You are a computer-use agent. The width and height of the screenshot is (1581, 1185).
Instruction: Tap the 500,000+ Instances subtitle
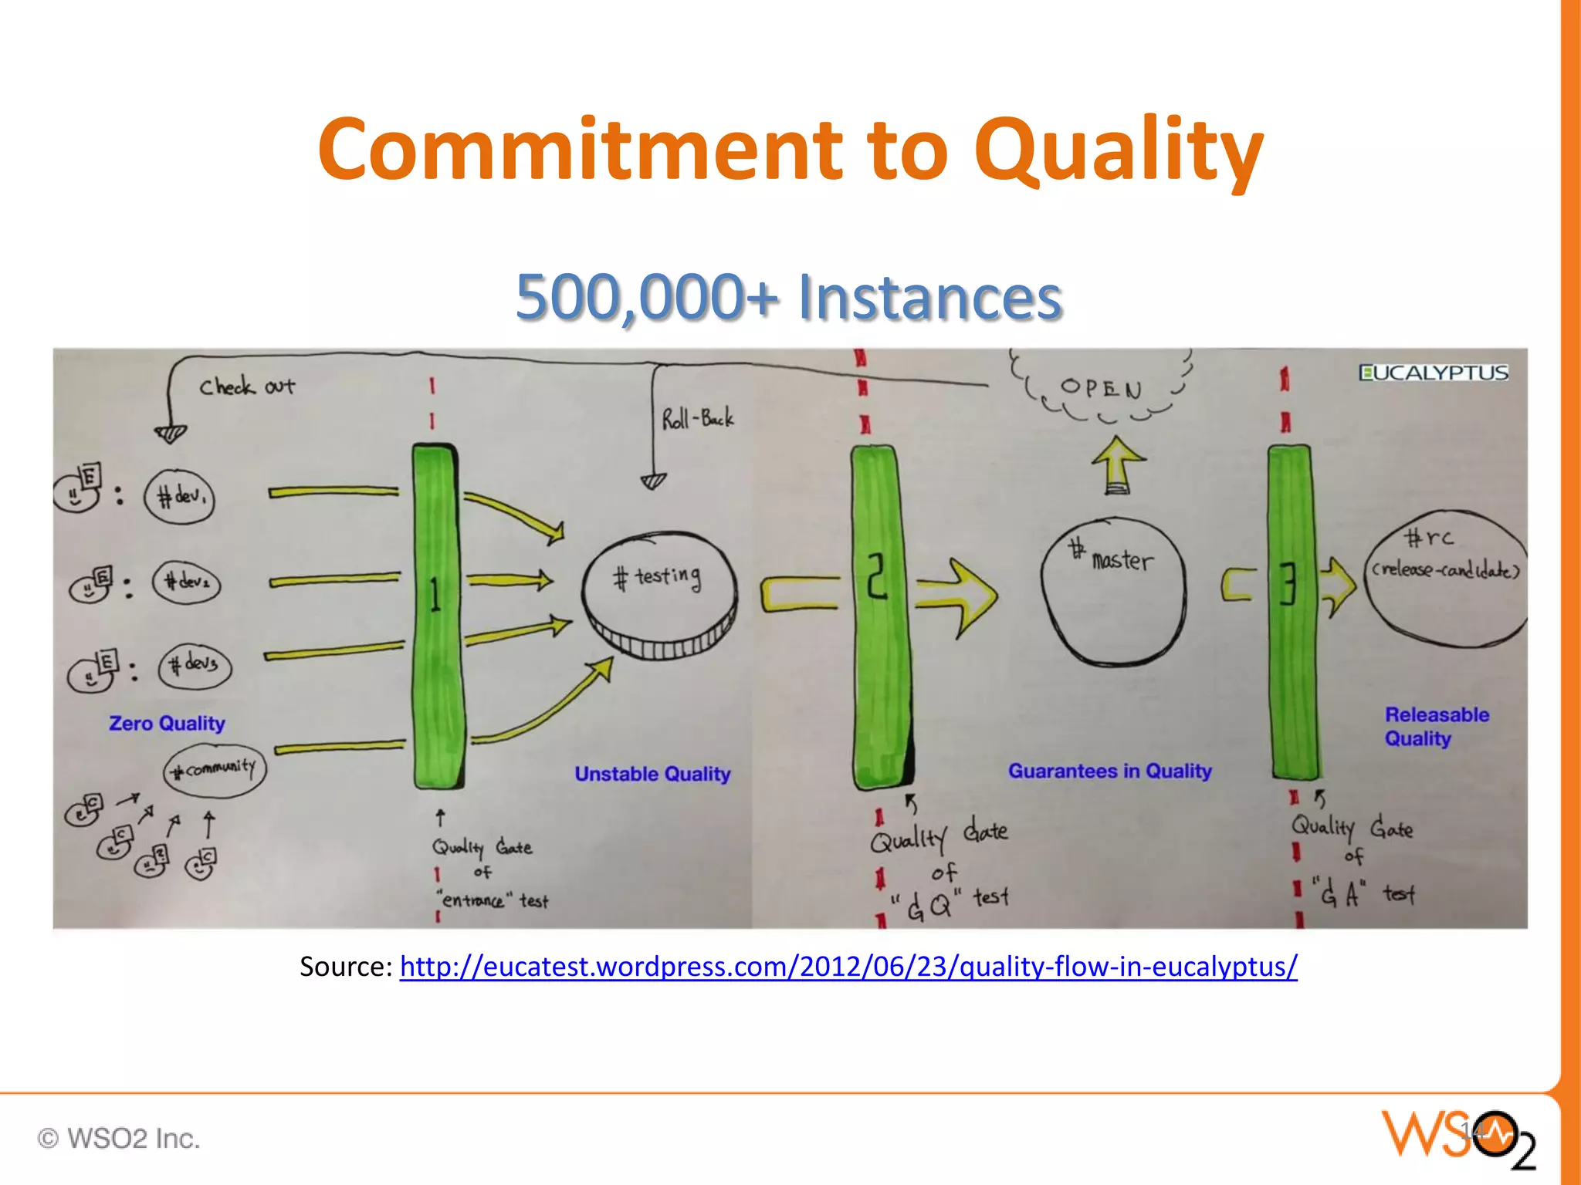click(x=789, y=297)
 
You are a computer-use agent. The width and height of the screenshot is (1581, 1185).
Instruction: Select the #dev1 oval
click(x=180, y=496)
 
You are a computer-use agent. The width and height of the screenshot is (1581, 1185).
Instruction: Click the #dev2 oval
click(x=186, y=582)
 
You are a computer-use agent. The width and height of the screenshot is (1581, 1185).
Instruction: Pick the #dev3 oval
click(x=195, y=665)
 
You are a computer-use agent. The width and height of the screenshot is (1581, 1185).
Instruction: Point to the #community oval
click(x=215, y=769)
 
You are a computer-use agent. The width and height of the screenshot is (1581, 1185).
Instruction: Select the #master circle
click(x=1112, y=590)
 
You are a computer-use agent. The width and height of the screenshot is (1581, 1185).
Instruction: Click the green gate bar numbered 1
click(x=437, y=617)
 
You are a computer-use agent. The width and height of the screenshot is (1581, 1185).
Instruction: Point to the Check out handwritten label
click(x=247, y=387)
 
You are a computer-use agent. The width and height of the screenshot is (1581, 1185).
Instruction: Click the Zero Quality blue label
click(x=167, y=723)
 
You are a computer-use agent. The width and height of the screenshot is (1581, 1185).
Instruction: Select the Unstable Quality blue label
click(x=652, y=774)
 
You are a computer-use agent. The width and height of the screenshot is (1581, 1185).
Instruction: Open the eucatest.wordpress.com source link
click(x=848, y=966)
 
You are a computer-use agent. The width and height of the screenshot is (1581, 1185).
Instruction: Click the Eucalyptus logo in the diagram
click(x=1433, y=373)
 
